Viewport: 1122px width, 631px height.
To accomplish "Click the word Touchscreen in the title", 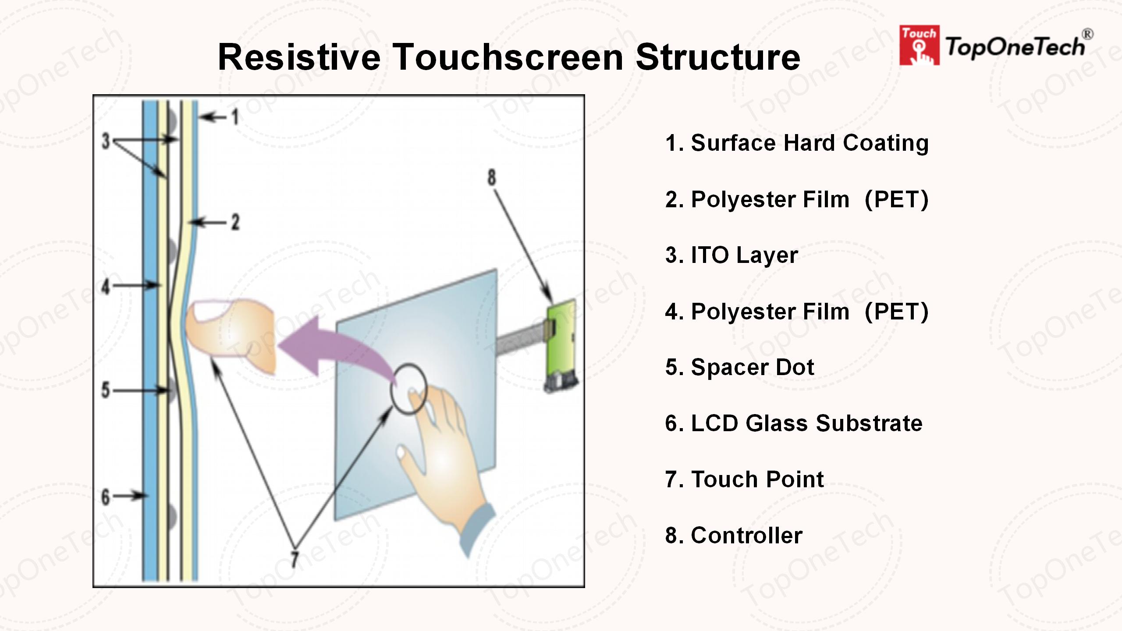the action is coord(508,57).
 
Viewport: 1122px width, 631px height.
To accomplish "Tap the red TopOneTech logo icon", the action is coord(919,45).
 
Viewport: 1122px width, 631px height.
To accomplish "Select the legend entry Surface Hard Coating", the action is coord(797,143).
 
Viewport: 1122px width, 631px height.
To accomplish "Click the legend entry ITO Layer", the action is coord(731,255).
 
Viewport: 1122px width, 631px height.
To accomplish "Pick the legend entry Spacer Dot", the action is coord(739,367).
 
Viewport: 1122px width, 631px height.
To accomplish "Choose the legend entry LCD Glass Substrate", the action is coord(794,423).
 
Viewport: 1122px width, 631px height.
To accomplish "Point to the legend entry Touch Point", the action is coord(744,479).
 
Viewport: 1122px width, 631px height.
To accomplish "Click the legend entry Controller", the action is coord(734,535).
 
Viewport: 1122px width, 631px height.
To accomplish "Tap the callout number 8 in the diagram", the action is coord(492,177).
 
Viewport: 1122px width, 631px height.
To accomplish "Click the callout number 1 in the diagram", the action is coord(236,117).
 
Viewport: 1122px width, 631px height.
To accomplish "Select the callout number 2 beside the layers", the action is coord(235,222).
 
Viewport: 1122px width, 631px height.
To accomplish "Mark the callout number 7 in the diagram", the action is coord(295,559).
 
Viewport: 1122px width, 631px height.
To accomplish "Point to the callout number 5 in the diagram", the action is coord(106,390).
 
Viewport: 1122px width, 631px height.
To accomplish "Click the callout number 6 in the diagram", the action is coord(106,497).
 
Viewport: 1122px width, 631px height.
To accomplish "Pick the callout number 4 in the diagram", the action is coord(106,287).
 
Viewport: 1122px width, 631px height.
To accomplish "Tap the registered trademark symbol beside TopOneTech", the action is coord(1087,34).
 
